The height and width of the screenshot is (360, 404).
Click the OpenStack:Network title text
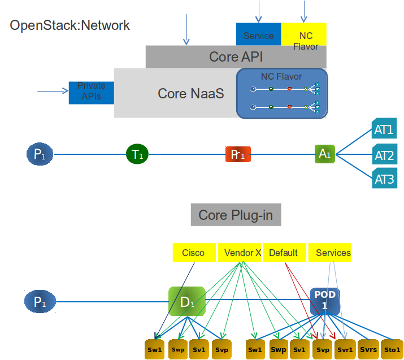pos(69,25)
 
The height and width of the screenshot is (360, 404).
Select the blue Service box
pos(258,35)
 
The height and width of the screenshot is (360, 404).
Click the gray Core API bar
pos(236,57)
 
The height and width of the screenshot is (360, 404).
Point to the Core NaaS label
pos(190,93)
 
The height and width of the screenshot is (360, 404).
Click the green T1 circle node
pos(137,154)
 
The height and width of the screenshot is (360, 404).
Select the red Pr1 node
pos(237,154)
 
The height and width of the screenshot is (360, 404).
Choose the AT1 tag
pos(384,129)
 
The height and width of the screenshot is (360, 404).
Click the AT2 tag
pos(384,155)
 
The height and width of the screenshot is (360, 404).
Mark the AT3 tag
pos(384,180)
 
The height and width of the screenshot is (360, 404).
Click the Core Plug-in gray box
pos(236,215)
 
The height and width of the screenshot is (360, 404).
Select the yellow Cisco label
pos(193,253)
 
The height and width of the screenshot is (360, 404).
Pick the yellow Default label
pos(284,253)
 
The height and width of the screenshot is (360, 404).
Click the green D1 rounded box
pos(186,301)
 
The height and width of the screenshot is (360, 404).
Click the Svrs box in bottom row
pos(368,350)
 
